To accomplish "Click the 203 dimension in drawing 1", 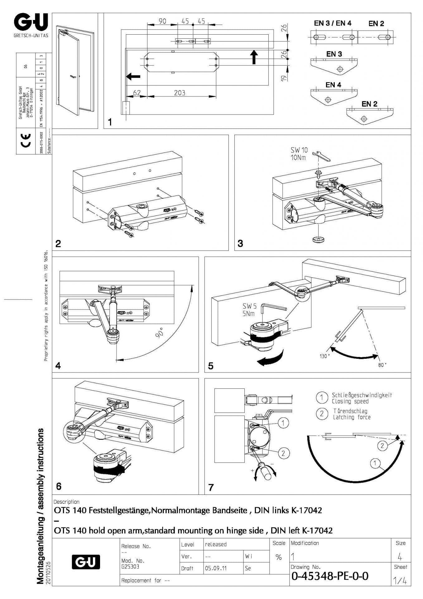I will pyautogui.click(x=180, y=93).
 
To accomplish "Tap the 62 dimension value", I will pyautogui.click(x=137, y=93).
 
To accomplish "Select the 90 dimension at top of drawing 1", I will pyautogui.click(x=162, y=21).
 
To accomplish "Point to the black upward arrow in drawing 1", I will pyautogui.click(x=254, y=57).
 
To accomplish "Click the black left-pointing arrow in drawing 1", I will pyautogui.click(x=133, y=76).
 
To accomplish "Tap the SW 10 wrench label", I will pyautogui.click(x=299, y=150).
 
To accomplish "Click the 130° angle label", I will pyautogui.click(x=324, y=356).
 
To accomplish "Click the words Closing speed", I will pyautogui.click(x=350, y=402).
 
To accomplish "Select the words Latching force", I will pyautogui.click(x=352, y=417).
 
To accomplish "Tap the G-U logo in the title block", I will pyautogui.click(x=86, y=562).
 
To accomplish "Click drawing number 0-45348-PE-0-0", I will pyautogui.click(x=330, y=576).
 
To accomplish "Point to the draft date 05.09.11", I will pyautogui.click(x=216, y=568).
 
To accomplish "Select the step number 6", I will pyautogui.click(x=59, y=486).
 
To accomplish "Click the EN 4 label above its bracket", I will pyautogui.click(x=333, y=85).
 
